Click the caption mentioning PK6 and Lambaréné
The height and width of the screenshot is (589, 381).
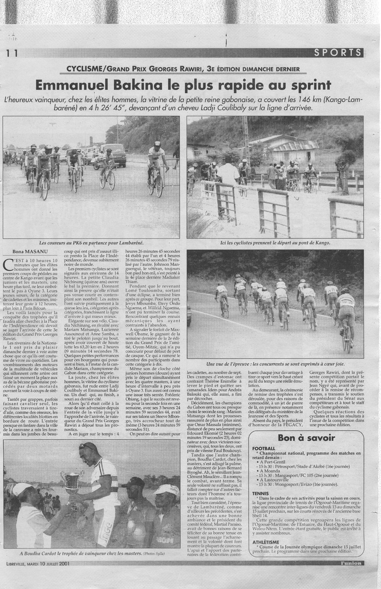click(x=91, y=243)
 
